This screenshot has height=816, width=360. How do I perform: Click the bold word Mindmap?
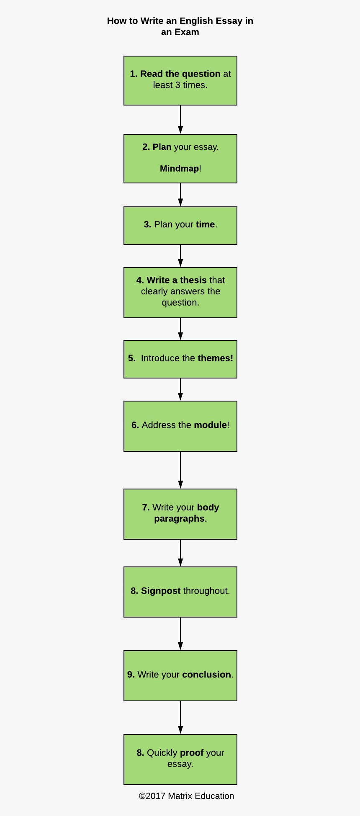tap(179, 168)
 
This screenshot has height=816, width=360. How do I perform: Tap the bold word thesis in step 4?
tap(193, 280)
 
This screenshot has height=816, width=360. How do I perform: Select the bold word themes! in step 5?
tap(215, 358)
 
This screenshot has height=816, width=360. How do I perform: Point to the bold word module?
tap(210, 425)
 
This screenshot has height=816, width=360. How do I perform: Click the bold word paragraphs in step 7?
tap(179, 518)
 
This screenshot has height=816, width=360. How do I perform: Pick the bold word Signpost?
tap(160, 591)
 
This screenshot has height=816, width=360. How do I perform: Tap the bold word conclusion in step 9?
tap(206, 674)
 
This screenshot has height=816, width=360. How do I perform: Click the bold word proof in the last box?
tap(192, 753)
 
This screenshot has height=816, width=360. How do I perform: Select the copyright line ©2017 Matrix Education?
tap(186, 796)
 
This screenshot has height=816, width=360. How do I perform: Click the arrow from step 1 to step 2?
tap(180, 120)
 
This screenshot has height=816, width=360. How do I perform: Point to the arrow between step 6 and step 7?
tap(180, 470)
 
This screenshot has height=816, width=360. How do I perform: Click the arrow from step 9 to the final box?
tap(180, 717)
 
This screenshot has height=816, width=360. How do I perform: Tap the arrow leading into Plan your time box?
tap(180, 195)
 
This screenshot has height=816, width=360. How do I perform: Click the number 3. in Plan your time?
tap(147, 224)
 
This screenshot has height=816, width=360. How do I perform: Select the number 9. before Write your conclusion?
tap(131, 674)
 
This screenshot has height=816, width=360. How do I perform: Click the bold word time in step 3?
tap(205, 224)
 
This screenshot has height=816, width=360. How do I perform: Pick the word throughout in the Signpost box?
tap(206, 591)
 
